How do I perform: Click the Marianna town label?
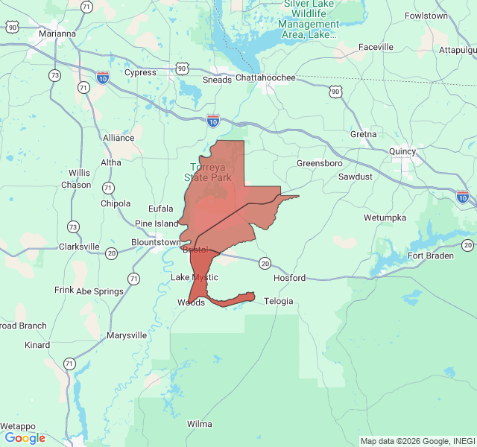58,34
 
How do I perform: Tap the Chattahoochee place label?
265,77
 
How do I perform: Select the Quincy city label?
403,151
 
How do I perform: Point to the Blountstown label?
155,242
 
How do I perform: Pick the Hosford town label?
289,278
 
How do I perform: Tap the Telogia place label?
278,301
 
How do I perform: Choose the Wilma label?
199,424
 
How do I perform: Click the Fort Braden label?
430,256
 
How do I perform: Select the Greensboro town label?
319,163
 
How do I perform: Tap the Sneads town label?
217,80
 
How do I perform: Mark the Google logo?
25,438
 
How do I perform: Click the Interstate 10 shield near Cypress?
103,77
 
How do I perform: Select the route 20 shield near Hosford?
265,263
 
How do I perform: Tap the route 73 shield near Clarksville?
73,226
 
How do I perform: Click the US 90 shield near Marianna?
13,27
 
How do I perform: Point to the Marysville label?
127,335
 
